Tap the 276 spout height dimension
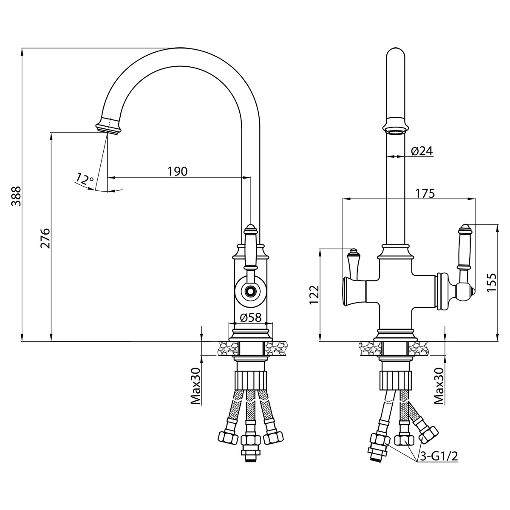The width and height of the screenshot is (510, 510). pos(45,238)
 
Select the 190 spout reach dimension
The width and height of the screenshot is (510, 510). pos(178,172)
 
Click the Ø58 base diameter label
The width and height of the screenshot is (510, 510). pos(250,317)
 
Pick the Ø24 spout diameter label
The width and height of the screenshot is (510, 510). pos(422,151)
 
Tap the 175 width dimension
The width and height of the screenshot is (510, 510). pos(425,193)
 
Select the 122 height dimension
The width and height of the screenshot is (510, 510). pos(314,295)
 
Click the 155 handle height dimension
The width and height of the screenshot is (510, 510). pos(491,282)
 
